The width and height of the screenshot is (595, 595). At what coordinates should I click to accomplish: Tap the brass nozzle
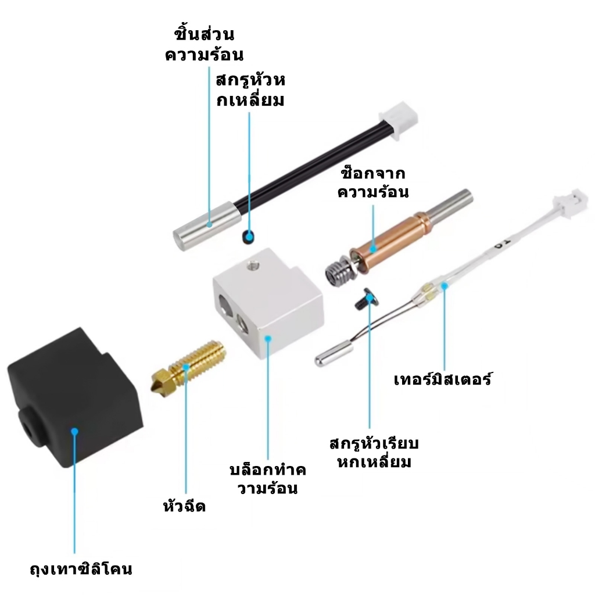[x=189, y=366]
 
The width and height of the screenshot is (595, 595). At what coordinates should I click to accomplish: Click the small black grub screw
[x=248, y=237]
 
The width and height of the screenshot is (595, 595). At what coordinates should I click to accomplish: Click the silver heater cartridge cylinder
[x=207, y=226]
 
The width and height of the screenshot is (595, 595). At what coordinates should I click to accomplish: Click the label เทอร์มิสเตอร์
[x=442, y=379]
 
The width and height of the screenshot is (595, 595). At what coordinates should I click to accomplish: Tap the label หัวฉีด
[x=184, y=506]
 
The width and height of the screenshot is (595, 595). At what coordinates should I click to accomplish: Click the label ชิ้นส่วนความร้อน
[x=204, y=44]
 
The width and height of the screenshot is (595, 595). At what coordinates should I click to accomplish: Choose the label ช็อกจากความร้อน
[x=373, y=182]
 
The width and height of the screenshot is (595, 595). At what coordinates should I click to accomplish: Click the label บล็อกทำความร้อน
[x=267, y=479]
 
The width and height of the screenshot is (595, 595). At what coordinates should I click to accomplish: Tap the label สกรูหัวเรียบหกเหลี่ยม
[x=374, y=453]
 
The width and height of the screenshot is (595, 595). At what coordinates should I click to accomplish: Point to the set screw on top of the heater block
[x=252, y=264]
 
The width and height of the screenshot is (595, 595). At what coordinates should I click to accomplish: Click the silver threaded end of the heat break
[x=339, y=270]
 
